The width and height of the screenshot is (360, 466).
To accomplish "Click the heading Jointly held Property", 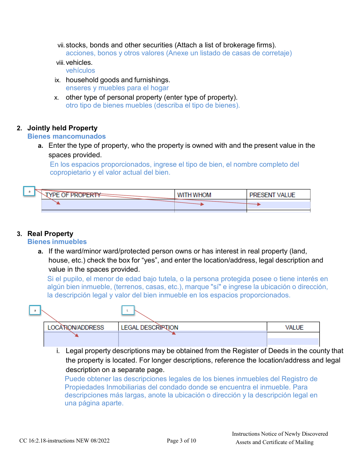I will (62, 128).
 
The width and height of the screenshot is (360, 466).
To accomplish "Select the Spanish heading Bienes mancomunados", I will (66, 136).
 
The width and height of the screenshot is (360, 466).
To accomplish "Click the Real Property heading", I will (50, 234).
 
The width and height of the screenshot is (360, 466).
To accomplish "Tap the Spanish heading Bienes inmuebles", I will (57, 242).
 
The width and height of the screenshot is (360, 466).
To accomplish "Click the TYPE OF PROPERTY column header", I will (73, 195).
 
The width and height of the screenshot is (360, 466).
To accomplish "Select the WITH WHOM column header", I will (194, 195).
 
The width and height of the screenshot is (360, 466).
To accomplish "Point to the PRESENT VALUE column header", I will (272, 195).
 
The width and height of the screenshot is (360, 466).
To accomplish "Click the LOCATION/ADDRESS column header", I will (76, 327).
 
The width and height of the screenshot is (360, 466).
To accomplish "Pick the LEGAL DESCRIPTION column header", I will (149, 327).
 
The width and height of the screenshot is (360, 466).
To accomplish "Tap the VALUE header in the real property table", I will (294, 327).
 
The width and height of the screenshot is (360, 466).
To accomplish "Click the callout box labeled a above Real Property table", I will (35, 310).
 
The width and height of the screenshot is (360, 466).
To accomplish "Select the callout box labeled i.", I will (128, 310).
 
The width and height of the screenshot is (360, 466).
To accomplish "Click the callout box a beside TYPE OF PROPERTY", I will (29, 191).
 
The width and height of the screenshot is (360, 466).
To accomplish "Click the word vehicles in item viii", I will (79, 63).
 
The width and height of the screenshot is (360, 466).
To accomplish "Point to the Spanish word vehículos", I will (80, 70).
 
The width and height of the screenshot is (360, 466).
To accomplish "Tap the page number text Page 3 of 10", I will (182, 441).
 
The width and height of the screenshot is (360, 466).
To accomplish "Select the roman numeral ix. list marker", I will (58, 80).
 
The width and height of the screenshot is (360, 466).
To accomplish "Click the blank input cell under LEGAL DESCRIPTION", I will (193, 339).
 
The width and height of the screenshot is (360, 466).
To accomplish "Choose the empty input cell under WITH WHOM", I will (210, 205).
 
